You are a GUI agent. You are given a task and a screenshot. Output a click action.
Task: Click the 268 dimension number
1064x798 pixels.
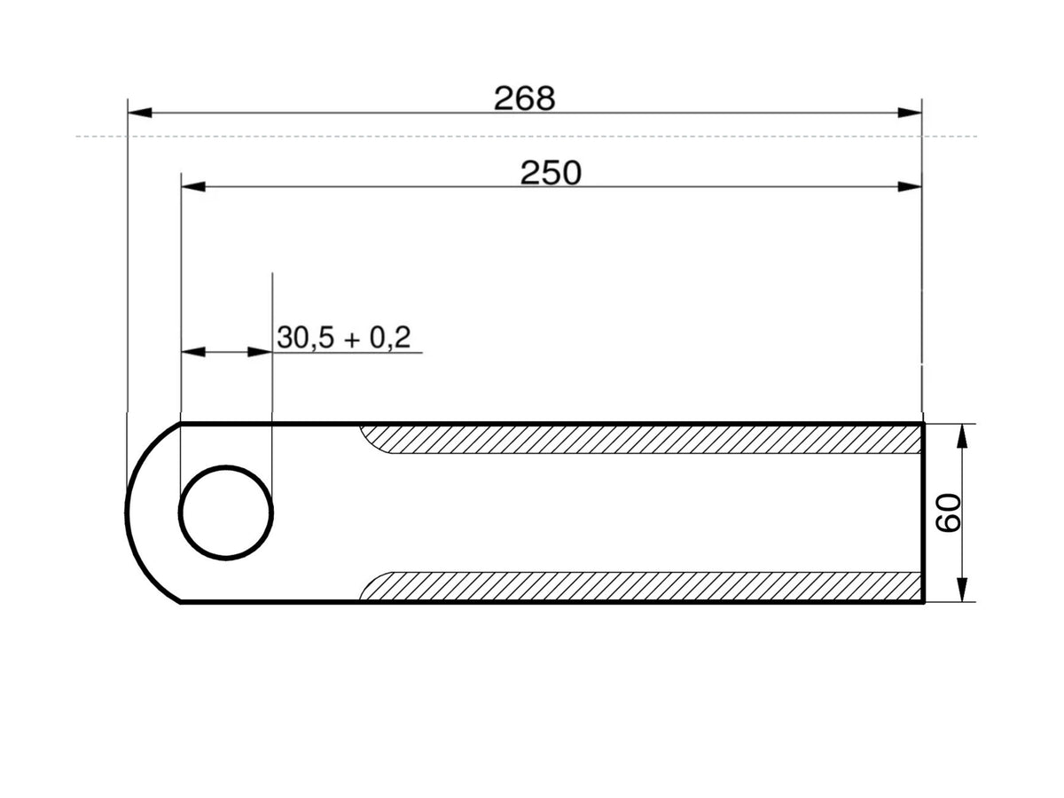524,98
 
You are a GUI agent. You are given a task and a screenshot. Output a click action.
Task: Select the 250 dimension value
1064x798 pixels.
551,173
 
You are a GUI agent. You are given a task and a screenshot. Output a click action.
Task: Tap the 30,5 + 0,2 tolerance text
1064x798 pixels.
344,337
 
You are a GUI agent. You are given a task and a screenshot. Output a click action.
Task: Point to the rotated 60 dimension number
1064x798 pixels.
948,513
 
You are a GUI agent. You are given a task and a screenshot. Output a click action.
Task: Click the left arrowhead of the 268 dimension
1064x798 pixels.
139,113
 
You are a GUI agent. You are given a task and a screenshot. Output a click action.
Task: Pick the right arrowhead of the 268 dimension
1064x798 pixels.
910,113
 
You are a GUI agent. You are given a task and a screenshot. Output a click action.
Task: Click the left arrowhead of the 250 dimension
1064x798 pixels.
193,186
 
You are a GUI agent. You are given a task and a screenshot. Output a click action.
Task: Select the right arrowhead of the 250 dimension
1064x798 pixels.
910,186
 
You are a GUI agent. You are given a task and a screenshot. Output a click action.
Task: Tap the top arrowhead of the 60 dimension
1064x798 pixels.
963,436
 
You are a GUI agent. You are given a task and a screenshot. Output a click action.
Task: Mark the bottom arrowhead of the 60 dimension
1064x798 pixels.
963,591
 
